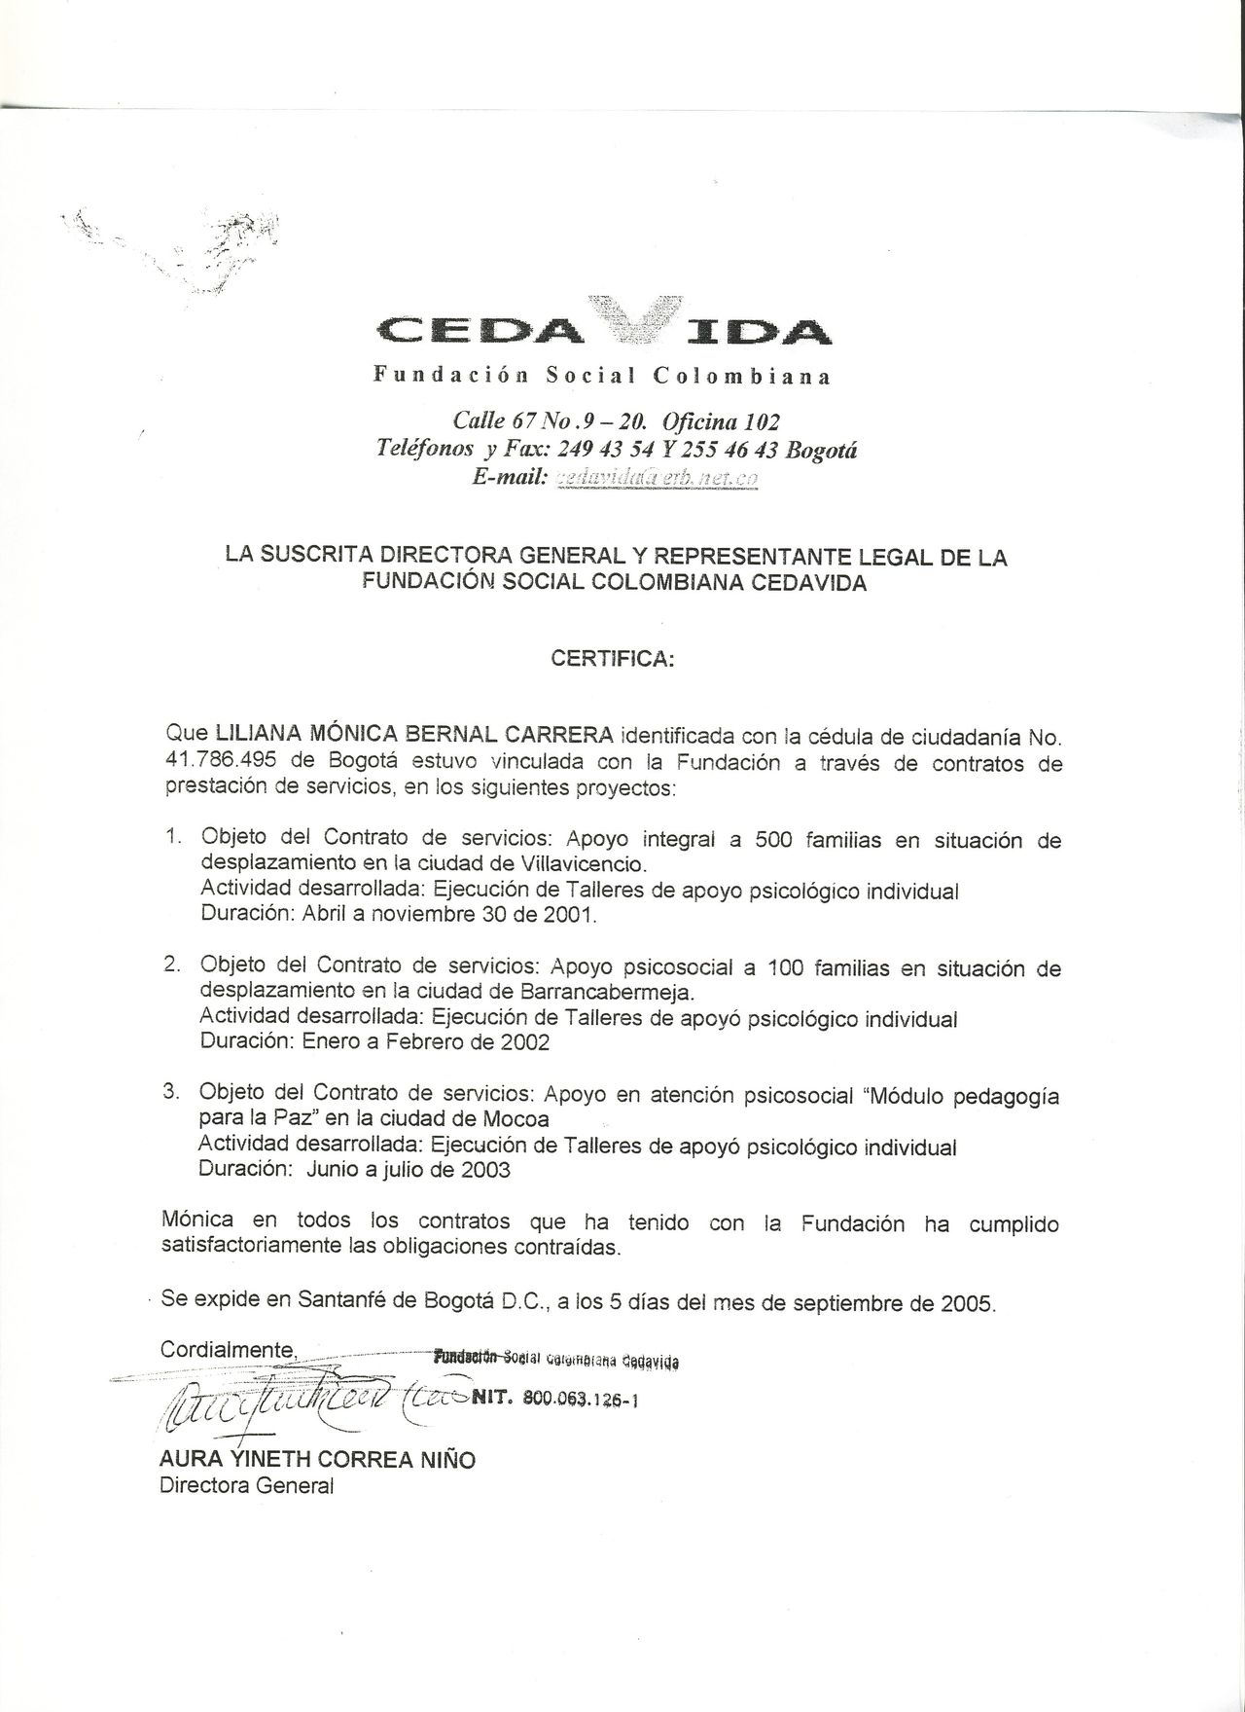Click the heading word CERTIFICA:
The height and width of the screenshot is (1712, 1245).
click(611, 659)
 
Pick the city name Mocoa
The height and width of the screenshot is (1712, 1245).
click(517, 1118)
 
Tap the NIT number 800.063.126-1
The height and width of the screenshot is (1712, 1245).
click(580, 1400)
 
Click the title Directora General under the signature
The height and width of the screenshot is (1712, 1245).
click(246, 1486)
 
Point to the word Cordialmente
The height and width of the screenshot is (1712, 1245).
click(228, 1350)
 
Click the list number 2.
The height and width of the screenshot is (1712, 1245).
click(171, 965)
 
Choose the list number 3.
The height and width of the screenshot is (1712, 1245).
click(171, 1092)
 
